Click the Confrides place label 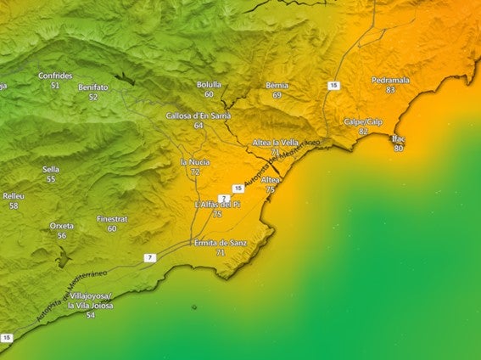55,76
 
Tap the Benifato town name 92,87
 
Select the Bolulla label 209,85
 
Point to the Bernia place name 277,86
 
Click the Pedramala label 390,80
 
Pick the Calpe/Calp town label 363,121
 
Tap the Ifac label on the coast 398,138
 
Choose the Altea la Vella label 275,142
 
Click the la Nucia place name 195,161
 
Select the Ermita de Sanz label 221,243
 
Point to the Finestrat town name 112,218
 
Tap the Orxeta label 62,226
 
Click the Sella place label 51,169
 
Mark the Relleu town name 14,195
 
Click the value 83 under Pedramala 390,90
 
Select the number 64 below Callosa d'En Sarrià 199,125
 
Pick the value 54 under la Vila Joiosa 91,315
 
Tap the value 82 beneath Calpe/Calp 363,132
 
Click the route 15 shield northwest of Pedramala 334,86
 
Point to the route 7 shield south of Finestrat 148,257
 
